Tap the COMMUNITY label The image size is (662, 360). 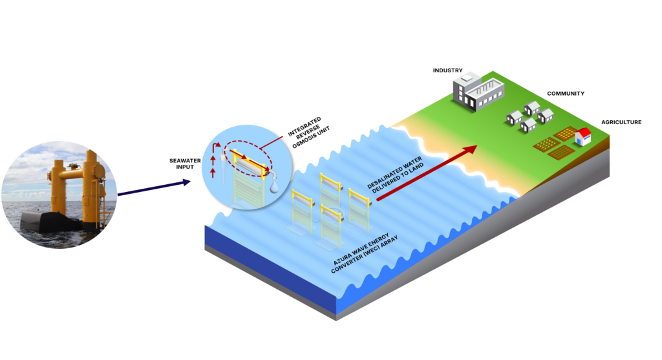click(x=566, y=94)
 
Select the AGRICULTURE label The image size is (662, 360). click(x=621, y=122)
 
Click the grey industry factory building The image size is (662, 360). click(x=478, y=91)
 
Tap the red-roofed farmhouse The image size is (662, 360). click(x=582, y=136)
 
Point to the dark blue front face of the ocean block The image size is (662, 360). click(x=272, y=259)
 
